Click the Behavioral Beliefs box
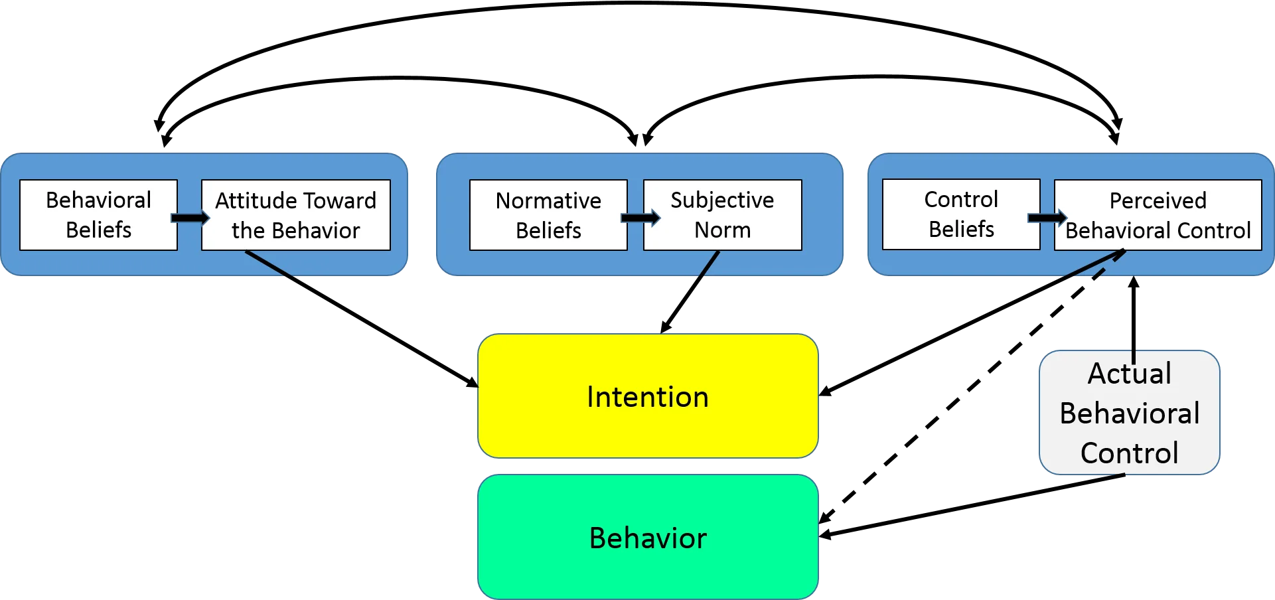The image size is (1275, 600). [x=99, y=215]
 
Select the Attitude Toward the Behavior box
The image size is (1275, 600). [x=296, y=215]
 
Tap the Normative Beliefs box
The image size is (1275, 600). [x=548, y=215]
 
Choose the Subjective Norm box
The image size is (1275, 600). [x=723, y=215]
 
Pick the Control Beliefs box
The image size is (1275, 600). [x=961, y=214]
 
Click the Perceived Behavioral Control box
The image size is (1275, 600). [x=1158, y=215]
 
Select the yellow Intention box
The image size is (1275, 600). [x=648, y=396]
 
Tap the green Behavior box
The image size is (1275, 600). [x=648, y=537]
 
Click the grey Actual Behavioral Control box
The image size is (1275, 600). [x=1130, y=413]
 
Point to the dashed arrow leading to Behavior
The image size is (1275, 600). [x=972, y=386]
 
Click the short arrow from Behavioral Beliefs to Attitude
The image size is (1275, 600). [x=190, y=218]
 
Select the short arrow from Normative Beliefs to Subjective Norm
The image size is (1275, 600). [x=641, y=218]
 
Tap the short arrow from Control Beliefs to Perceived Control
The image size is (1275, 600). [x=1047, y=218]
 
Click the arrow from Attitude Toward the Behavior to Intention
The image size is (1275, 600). [x=362, y=319]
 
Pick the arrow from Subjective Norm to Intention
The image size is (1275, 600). [x=690, y=292]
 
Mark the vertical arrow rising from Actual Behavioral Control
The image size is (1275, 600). [x=1134, y=320]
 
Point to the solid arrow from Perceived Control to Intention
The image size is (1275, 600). [x=972, y=323]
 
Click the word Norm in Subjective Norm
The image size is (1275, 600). [x=723, y=230]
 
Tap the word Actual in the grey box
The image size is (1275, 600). [x=1130, y=374]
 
